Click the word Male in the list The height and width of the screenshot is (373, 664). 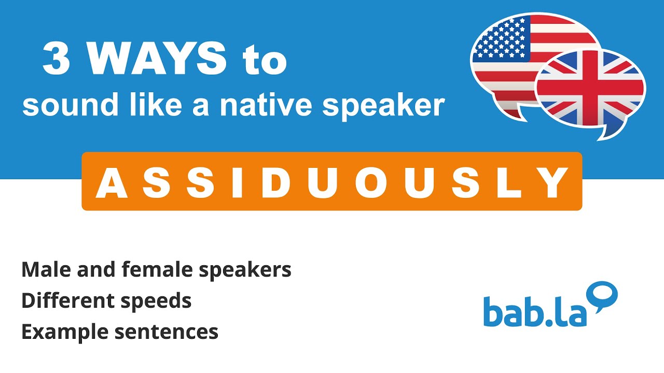pos(43,269)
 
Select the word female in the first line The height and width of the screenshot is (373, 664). pos(148,269)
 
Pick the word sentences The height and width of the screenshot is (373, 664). pos(168,332)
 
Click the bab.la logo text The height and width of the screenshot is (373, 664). pos(534,311)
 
